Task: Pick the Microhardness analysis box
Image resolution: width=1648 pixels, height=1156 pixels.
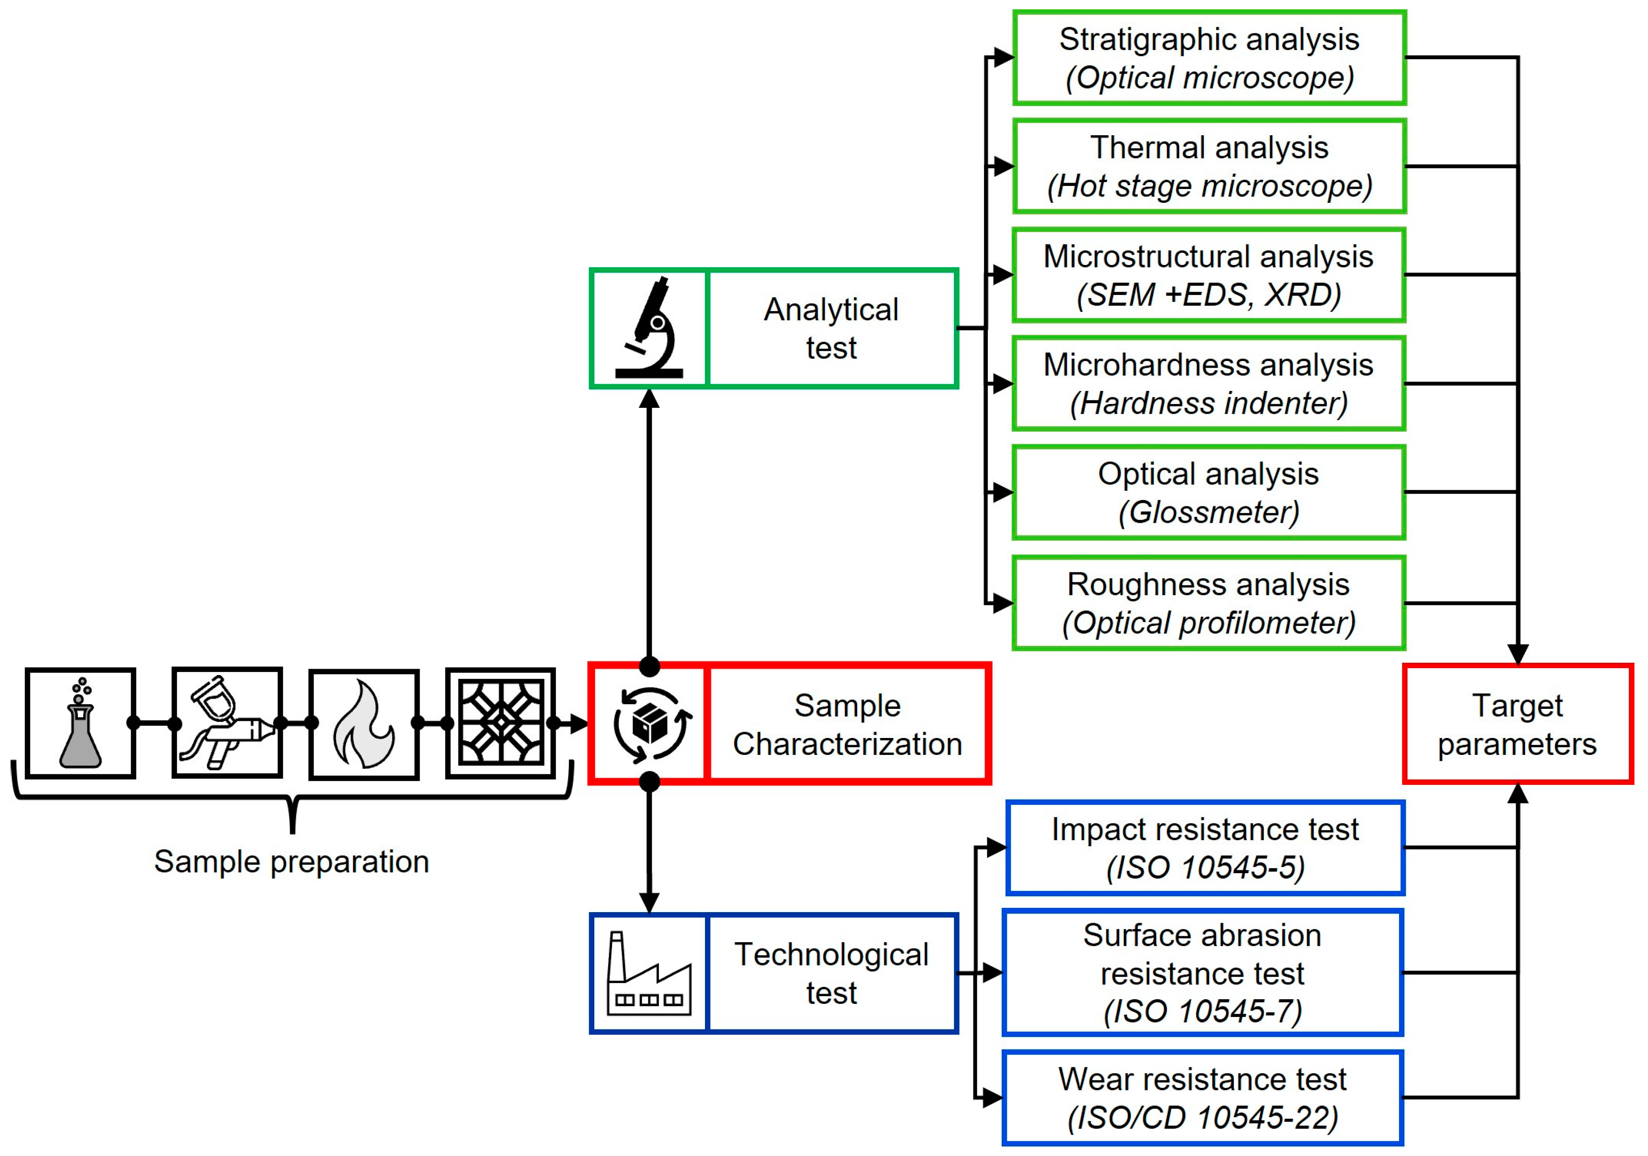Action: tap(1209, 384)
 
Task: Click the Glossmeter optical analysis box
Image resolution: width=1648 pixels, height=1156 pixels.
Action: tap(1209, 492)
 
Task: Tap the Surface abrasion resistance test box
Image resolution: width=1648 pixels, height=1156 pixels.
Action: tap(1203, 973)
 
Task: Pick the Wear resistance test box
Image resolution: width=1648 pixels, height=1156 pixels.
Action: tap(1203, 1098)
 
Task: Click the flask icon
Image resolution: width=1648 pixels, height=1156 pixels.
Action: tap(80, 723)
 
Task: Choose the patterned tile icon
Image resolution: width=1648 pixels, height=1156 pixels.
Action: tap(500, 723)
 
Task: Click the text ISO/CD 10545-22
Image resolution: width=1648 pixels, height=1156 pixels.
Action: tap(1203, 1117)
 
